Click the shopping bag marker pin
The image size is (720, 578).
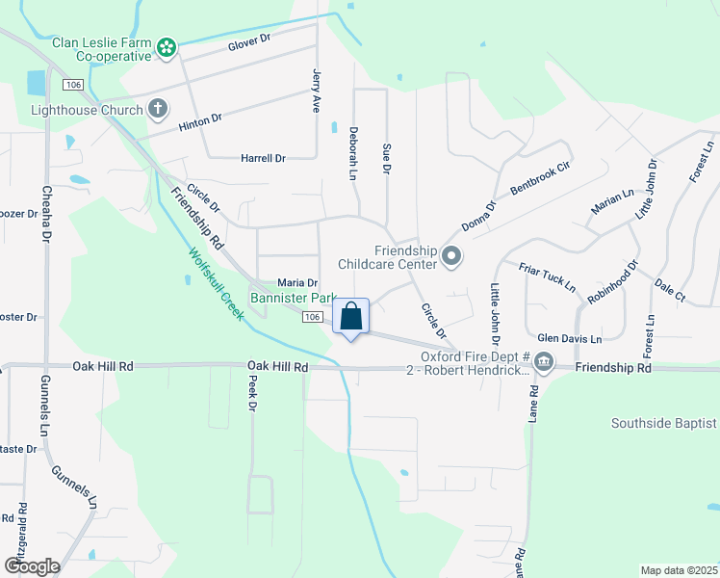(x=351, y=317)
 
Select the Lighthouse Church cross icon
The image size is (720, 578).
(x=158, y=110)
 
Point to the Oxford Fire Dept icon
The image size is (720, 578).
(x=543, y=362)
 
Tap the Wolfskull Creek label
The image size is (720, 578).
(x=216, y=284)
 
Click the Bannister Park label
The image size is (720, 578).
(x=293, y=299)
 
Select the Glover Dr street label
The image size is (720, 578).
(x=251, y=42)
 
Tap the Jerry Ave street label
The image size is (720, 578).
(x=316, y=91)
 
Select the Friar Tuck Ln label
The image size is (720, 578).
(x=547, y=276)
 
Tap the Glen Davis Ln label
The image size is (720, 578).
(x=569, y=338)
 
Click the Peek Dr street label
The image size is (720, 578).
(x=252, y=394)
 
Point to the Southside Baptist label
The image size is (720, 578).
(x=664, y=423)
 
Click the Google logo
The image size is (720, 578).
(x=32, y=566)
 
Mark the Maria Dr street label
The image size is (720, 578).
(x=297, y=282)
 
